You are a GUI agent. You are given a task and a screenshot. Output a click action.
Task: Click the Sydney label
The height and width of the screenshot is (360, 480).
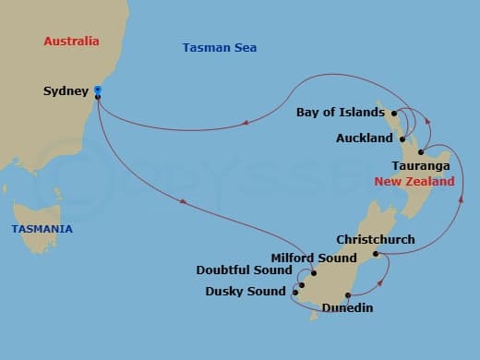tap(66, 91)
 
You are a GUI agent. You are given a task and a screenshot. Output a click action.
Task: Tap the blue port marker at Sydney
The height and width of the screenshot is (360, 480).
tap(98, 90)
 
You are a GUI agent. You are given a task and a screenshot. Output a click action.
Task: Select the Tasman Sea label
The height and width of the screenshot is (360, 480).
tap(219, 48)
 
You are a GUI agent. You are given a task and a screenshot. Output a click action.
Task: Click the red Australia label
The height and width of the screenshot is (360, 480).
tap(72, 42)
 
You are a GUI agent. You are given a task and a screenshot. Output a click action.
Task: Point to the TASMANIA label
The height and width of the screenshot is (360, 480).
tap(42, 229)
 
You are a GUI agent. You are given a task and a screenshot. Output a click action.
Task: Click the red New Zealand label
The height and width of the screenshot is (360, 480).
tap(414, 183)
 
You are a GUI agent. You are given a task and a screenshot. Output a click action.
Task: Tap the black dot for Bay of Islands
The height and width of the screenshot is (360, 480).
tap(393, 113)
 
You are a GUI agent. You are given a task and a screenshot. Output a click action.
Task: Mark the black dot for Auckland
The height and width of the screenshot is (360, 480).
tap(402, 138)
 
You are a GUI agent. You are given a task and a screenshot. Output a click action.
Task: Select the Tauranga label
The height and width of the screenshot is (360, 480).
tap(421, 165)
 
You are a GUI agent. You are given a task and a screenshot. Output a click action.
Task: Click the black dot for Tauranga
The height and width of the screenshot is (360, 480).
tap(421, 151)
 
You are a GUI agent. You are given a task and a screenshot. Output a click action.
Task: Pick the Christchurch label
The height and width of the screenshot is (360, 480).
tap(376, 240)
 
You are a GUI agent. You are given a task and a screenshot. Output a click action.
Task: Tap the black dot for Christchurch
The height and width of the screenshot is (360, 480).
tap(376, 254)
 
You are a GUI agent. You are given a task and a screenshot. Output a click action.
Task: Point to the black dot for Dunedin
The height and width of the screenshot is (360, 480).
tap(348, 295)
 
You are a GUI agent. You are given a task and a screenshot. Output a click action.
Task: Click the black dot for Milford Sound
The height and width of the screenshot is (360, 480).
tap(314, 272)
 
